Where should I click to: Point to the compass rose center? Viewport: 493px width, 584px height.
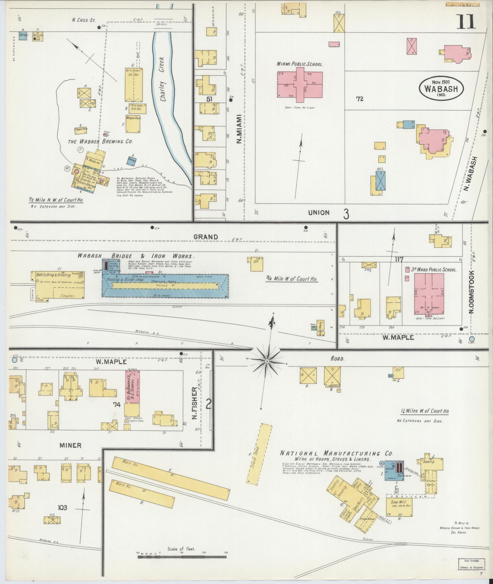267,361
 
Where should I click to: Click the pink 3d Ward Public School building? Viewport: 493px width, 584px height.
429,293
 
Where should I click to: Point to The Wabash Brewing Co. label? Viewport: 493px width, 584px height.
100,142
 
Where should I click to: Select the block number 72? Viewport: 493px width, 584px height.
359,99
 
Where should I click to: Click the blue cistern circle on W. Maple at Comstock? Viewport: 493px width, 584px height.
472,339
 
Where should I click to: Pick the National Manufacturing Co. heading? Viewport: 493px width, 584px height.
337,454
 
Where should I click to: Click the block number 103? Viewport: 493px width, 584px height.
61,508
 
